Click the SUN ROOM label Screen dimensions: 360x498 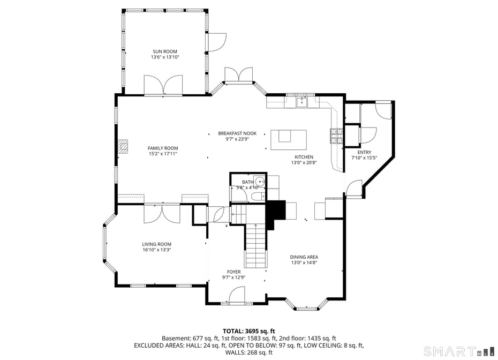pyautogui.click(x=164, y=51)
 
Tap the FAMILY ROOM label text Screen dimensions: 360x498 pyautogui.click(x=163, y=148)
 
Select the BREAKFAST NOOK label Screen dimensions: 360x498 pyautogui.click(x=237, y=133)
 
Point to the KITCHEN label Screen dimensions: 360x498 pyautogui.click(x=303, y=157)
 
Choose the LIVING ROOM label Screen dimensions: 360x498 pyautogui.click(x=156, y=244)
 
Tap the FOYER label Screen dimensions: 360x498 pyautogui.click(x=233, y=272)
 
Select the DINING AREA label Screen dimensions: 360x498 pyautogui.click(x=304, y=257)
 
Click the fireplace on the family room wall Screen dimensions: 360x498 pyautogui.click(x=124, y=147)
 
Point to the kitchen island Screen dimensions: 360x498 pyautogui.click(x=289, y=140)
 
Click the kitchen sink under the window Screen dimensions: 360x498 pyautogui.click(x=303, y=102)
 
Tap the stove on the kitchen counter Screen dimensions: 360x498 pyautogui.click(x=336, y=137)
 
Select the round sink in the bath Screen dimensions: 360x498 pyautogui.click(x=259, y=181)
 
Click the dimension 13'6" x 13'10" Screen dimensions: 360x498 pyautogui.click(x=164, y=57)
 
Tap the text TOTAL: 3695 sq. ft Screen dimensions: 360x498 pyautogui.click(x=248, y=331)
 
